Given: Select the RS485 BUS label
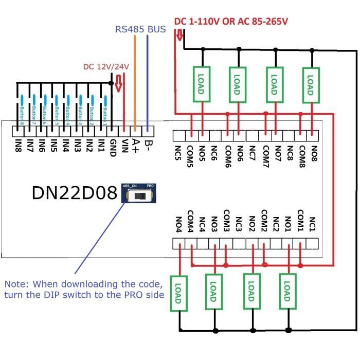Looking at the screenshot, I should pos(140,29).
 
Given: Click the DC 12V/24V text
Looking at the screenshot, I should pos(106,67).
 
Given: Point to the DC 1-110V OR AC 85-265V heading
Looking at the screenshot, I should pos(231,22).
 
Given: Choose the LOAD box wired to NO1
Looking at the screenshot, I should pos(287,292).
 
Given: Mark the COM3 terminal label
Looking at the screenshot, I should pos(227,220).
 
